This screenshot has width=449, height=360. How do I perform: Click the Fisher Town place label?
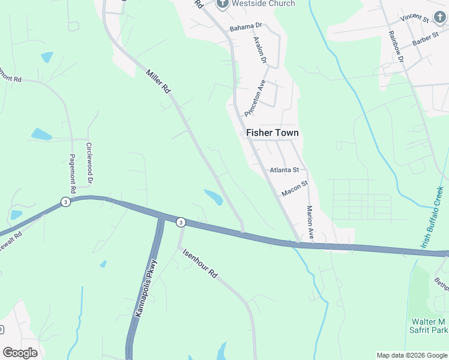(x=272, y=133)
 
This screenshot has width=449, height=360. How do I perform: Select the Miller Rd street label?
(x=158, y=82)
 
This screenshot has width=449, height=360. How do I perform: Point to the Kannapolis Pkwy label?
(x=146, y=288)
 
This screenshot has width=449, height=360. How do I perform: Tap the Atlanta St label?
(x=284, y=170)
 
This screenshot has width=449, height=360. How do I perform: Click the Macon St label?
(x=294, y=189)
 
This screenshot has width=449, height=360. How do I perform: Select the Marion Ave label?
(x=310, y=223)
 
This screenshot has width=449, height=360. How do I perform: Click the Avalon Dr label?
(x=259, y=50)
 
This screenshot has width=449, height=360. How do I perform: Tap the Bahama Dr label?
(x=246, y=27)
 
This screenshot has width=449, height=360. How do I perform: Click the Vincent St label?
(x=415, y=17)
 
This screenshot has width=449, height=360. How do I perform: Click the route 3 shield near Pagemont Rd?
(x=65, y=202)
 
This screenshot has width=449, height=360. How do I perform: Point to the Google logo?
(x=20, y=352)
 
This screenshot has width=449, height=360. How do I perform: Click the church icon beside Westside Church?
(x=222, y=4)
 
